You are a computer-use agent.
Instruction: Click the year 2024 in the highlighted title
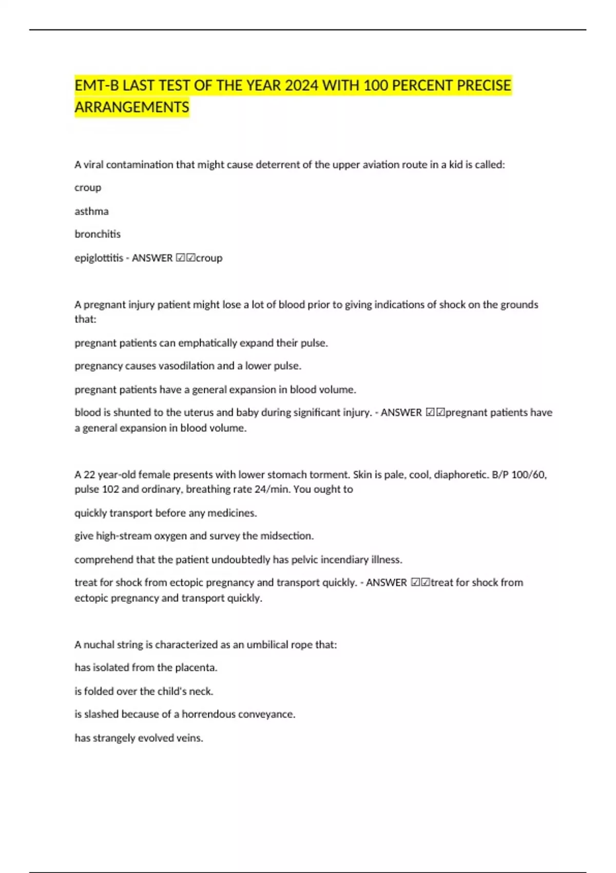[301, 85]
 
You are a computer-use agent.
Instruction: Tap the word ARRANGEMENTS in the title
[132, 107]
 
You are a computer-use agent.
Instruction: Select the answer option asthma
[91, 211]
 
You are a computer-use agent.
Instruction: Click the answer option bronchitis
[98, 234]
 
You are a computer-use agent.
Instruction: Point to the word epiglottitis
[99, 258]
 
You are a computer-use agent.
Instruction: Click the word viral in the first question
[93, 165]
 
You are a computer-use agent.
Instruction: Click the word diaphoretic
[461, 475]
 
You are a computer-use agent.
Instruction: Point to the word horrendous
[208, 714]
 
